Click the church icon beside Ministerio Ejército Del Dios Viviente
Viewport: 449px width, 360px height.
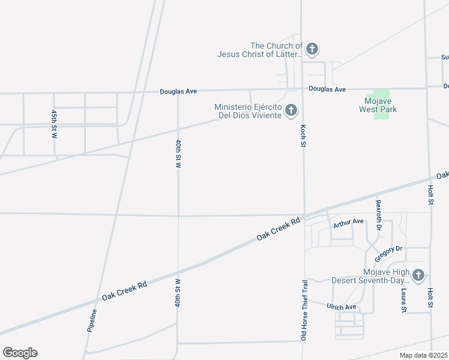tap(291, 110)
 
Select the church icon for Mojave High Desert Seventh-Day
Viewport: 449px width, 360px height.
tap(418, 275)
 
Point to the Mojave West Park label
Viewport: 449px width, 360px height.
tap(378, 106)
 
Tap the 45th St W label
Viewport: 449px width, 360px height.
tap(54, 124)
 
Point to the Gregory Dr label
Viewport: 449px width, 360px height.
tap(388, 253)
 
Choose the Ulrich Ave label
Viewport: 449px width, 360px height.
tap(342, 307)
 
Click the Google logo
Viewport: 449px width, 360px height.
tap(20, 353)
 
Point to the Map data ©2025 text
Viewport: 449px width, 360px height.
tap(423, 355)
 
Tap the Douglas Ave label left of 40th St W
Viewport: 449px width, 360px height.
tap(178, 92)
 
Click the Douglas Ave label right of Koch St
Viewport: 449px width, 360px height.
tap(327, 89)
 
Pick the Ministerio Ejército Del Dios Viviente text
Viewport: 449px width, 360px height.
tap(248, 111)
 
